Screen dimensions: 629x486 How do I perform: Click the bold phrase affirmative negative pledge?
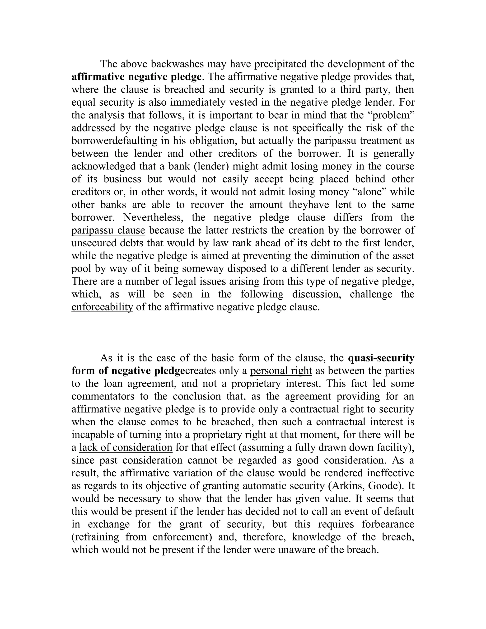click(136, 77)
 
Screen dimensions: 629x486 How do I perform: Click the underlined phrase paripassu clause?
click(108, 230)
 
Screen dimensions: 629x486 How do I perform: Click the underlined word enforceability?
click(102, 307)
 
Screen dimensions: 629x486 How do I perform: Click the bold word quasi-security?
click(381, 358)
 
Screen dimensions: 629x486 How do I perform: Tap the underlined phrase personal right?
click(281, 371)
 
